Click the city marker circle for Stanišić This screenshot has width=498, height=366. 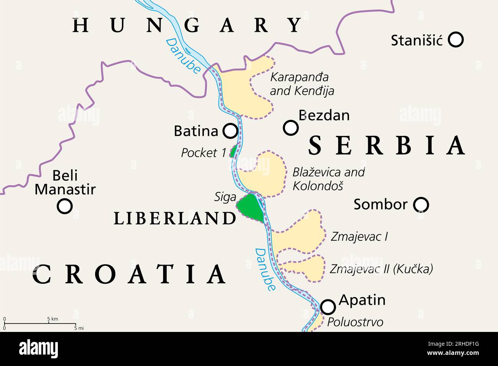pyautogui.click(x=455, y=39)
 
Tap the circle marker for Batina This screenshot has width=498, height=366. pyautogui.click(x=230, y=131)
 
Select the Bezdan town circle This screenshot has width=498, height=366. pyautogui.click(x=291, y=127)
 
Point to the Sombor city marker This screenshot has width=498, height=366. pyautogui.click(x=421, y=205)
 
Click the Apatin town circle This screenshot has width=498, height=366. pyautogui.click(x=328, y=306)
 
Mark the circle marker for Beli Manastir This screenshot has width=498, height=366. pyautogui.click(x=64, y=206)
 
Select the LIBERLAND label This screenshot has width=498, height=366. pyautogui.click(x=175, y=218)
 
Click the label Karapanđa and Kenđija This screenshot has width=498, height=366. pyautogui.click(x=301, y=84)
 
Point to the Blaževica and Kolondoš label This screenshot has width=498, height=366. pyautogui.click(x=328, y=178)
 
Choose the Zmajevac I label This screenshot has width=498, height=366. pyautogui.click(x=359, y=236)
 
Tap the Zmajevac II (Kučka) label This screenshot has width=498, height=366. pyautogui.click(x=381, y=269)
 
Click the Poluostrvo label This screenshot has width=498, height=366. pyautogui.click(x=355, y=322)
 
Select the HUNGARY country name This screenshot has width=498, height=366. pyautogui.click(x=187, y=25)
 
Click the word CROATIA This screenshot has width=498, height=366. pyautogui.click(x=129, y=274)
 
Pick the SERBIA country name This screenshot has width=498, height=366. pyautogui.click(x=387, y=145)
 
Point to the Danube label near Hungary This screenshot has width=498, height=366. pyautogui.click(x=183, y=56)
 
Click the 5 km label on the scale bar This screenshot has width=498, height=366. pyautogui.click(x=52, y=319)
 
